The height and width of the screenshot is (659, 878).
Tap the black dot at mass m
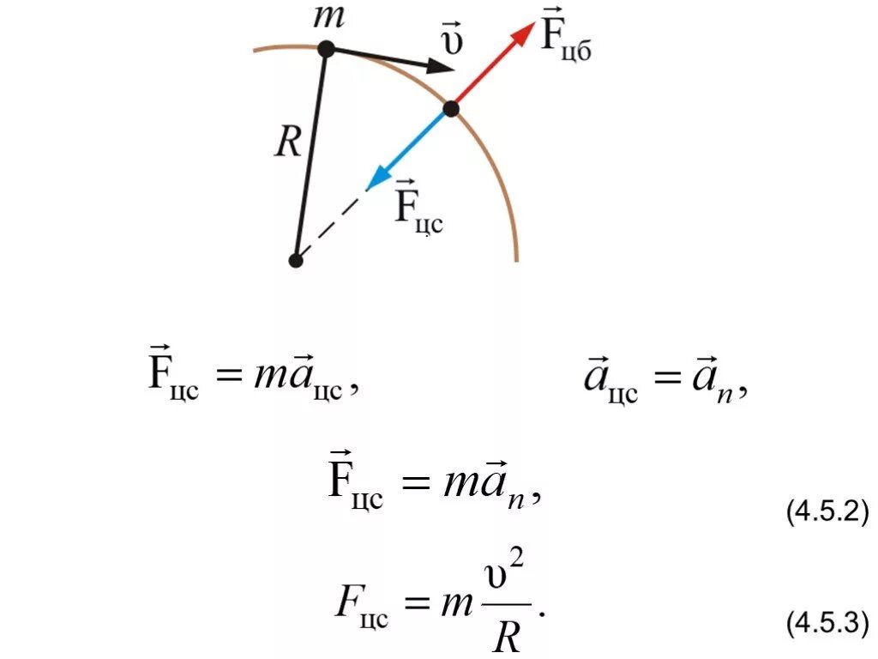[x=326, y=50]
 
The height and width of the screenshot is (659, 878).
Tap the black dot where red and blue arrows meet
[x=451, y=109]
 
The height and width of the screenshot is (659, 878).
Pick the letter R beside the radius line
[x=286, y=143]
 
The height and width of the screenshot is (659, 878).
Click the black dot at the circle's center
[x=296, y=260]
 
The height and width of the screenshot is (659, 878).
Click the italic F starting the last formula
[x=345, y=604]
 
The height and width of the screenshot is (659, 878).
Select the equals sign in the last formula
[x=418, y=606]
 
